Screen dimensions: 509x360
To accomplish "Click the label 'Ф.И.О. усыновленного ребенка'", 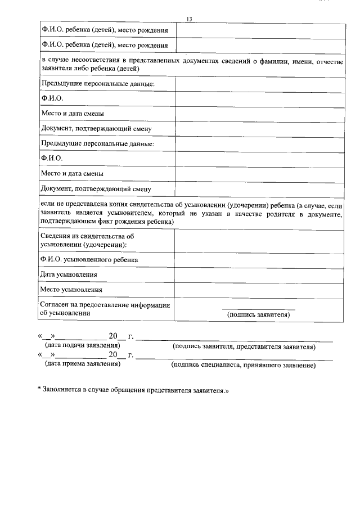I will pyautogui.click(x=89, y=259).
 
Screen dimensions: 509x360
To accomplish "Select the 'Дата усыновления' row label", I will pyautogui.click(x=69, y=274).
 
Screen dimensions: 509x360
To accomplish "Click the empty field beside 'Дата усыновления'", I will pyautogui.click(x=259, y=274).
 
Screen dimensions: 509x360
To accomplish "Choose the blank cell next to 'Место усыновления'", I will pyautogui.click(x=259, y=290).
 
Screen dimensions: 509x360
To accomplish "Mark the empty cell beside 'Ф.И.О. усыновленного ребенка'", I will pyautogui.click(x=259, y=259).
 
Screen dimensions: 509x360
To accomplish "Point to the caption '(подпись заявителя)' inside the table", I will pyautogui.click(x=258, y=315).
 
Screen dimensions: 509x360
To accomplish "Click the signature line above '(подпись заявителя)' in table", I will pyautogui.click(x=258, y=309).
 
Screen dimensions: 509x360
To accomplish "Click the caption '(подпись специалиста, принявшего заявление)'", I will pyautogui.click(x=243, y=365).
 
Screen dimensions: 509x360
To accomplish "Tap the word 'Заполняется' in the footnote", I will pyautogui.click(x=62, y=389).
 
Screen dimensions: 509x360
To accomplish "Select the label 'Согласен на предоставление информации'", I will pyautogui.click(x=105, y=305).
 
